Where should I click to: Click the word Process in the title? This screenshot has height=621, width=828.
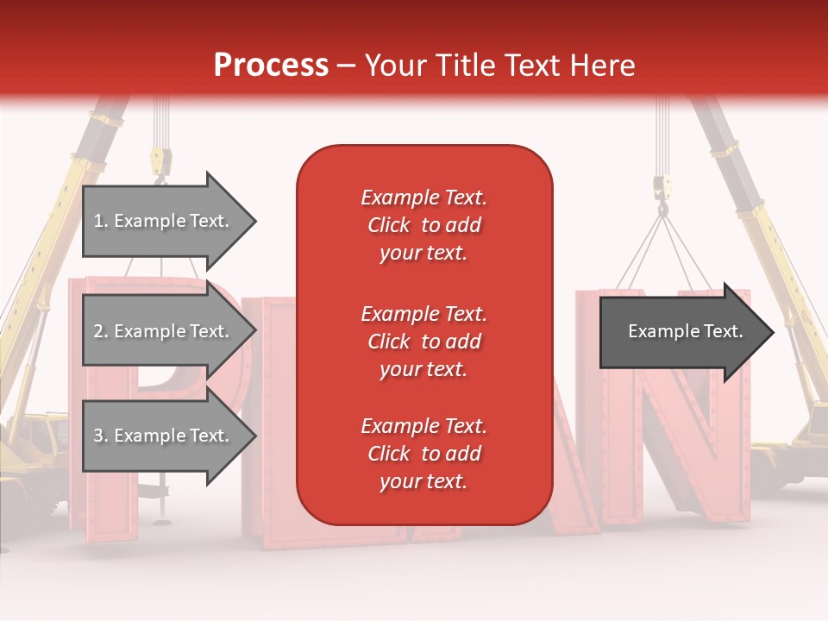(x=271, y=66)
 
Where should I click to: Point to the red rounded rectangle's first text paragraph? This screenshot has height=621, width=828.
(x=423, y=225)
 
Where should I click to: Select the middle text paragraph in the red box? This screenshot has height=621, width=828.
(x=423, y=342)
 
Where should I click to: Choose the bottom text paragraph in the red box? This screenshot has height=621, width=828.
(x=423, y=454)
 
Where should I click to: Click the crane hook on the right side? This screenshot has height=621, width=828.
(x=662, y=194)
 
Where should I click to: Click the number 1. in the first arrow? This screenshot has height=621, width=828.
(x=101, y=221)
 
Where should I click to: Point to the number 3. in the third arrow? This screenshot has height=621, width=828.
(x=101, y=436)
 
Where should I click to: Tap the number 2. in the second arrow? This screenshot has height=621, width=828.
(x=101, y=331)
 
